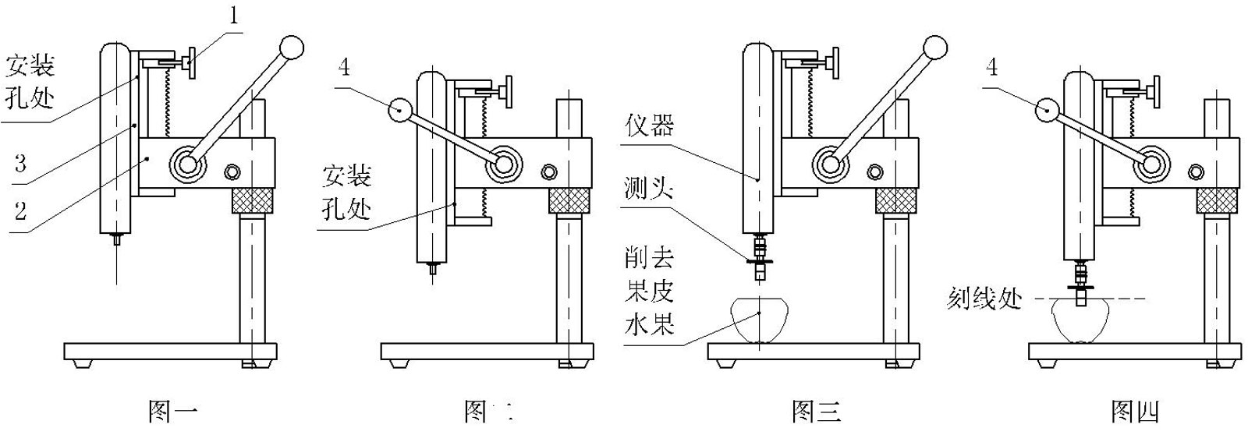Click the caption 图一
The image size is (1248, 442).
pyautogui.click(x=172, y=411)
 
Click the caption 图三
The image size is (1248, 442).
pyautogui.click(x=816, y=411)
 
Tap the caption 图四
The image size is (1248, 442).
pyautogui.click(x=1135, y=411)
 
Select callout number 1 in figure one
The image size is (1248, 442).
pyautogui.click(x=232, y=17)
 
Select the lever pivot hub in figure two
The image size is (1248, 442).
pyautogui.click(x=504, y=164)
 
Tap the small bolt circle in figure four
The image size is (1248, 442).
pyautogui.click(x=1195, y=172)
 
